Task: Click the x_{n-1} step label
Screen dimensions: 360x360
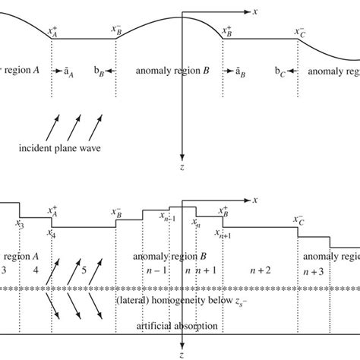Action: pyautogui.click(x=168, y=216)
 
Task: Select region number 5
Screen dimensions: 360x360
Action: pyautogui.click(x=84, y=269)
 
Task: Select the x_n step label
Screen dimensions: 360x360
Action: pyautogui.click(x=196, y=224)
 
